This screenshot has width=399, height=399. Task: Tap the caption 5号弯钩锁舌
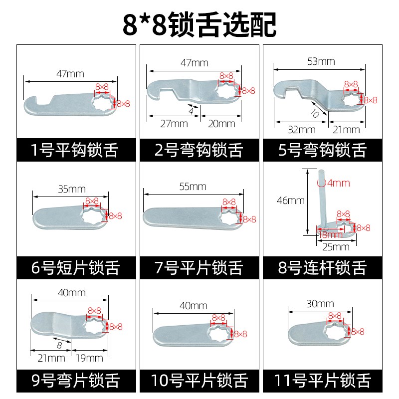click(x=323, y=150)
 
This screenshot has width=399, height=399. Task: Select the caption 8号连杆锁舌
click(x=323, y=268)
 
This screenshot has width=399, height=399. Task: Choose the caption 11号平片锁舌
click(x=323, y=382)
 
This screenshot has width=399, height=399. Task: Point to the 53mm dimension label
click(x=322, y=61)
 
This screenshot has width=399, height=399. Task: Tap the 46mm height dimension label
click(x=291, y=200)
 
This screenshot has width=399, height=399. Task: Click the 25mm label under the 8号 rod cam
click(x=336, y=247)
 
